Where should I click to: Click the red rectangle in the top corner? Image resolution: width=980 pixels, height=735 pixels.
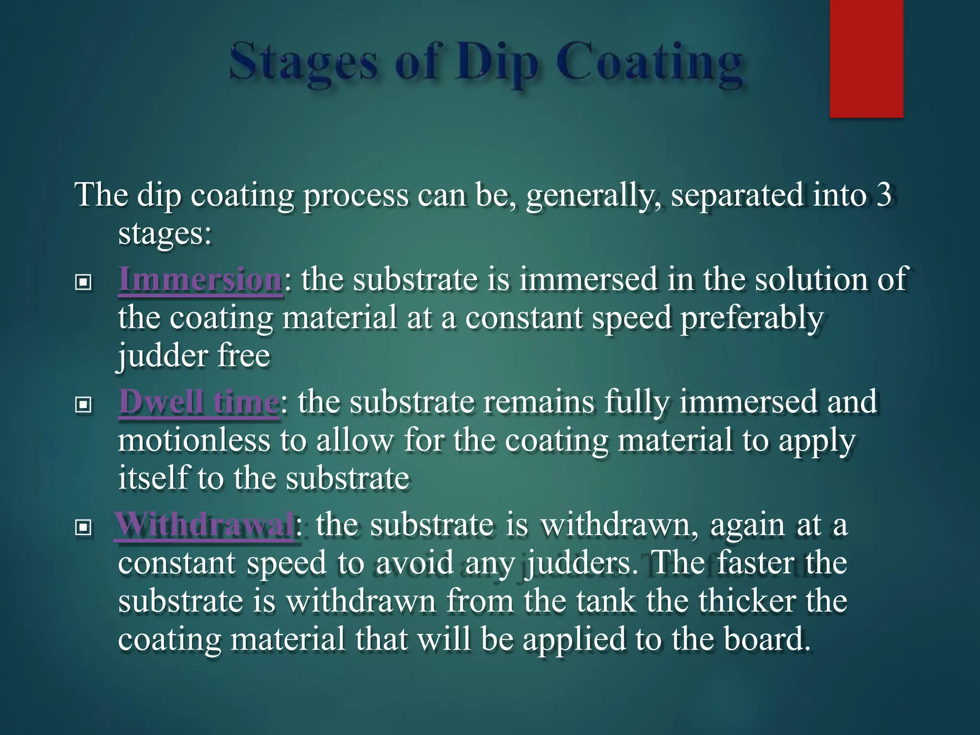(866, 58)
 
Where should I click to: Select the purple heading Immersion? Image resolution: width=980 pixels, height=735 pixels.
(200, 279)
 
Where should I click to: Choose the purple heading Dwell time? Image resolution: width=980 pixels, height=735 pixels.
(198, 402)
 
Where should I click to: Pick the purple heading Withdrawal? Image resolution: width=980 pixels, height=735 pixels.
(205, 524)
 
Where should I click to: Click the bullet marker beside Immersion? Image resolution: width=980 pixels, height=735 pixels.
(83, 282)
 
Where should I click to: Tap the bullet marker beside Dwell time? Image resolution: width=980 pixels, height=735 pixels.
(83, 405)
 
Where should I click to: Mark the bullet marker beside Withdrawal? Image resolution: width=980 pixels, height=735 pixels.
(83, 528)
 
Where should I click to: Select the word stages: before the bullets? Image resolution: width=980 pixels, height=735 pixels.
(165, 234)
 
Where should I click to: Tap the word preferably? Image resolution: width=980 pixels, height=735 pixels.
(752, 319)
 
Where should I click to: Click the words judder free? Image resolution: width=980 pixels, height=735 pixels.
(194, 356)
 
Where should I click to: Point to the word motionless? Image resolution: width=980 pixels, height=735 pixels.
(194, 440)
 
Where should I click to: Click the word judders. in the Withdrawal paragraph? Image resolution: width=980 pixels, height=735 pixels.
(584, 564)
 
